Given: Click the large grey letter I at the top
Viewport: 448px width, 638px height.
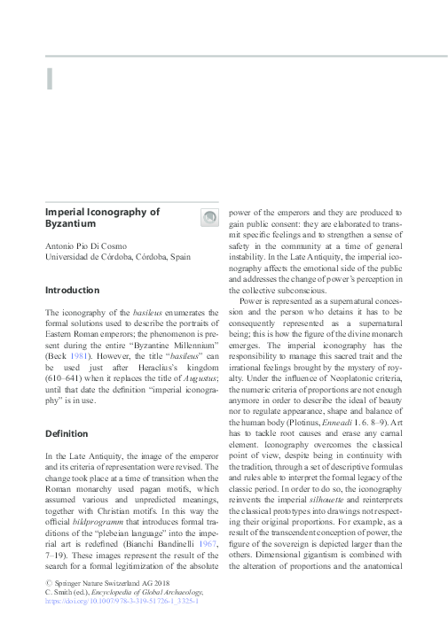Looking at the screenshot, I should click(x=50, y=78).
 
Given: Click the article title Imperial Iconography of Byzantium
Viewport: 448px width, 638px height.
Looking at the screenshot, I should click(x=102, y=219).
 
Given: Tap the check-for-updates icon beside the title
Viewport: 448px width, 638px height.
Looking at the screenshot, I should click(x=209, y=218).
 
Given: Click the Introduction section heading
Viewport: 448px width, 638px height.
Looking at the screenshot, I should click(x=75, y=290).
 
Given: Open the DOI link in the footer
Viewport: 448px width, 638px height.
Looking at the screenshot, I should click(x=122, y=625).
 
